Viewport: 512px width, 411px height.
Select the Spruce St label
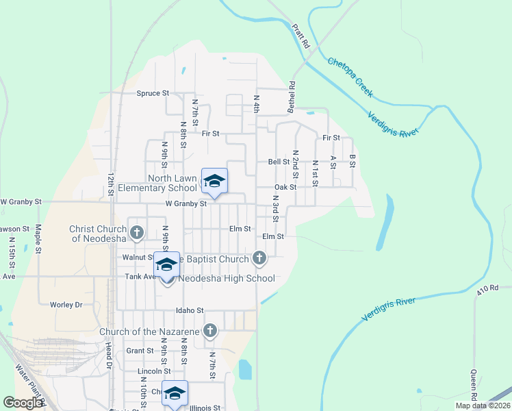(153, 93)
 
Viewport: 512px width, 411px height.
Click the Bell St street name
(279, 162)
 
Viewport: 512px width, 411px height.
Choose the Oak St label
(285, 187)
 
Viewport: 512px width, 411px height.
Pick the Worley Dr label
(66, 304)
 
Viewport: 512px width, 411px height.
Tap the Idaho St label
(190, 310)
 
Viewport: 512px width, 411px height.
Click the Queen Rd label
(473, 385)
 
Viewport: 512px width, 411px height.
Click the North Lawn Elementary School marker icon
(214, 182)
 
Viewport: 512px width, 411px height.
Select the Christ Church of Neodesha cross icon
(136, 233)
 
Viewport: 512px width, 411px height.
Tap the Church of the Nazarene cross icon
(210, 332)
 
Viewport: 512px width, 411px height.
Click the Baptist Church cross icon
(259, 258)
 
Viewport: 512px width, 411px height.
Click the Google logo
(23, 403)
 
